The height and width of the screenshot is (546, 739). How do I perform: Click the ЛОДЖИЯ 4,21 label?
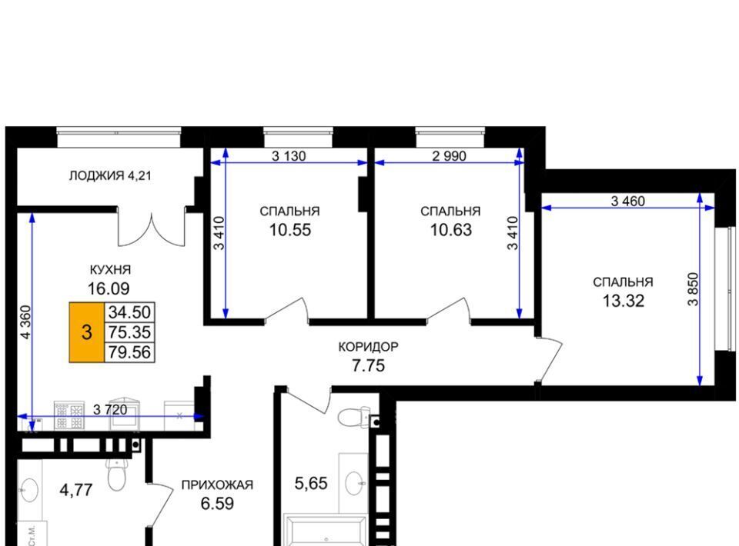[110, 176]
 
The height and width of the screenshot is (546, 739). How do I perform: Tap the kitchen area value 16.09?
[109, 288]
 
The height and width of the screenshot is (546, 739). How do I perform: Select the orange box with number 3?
[87, 332]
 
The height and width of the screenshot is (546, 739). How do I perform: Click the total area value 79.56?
[129, 352]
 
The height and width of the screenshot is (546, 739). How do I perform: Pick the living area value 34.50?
[129, 312]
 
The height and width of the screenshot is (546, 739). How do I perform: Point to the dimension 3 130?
[289, 156]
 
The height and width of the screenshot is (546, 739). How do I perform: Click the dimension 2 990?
[449, 156]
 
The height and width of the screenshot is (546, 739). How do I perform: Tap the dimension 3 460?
[628, 201]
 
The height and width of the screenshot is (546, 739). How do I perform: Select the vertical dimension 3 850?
[693, 289]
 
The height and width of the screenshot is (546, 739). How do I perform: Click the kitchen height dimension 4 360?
[25, 322]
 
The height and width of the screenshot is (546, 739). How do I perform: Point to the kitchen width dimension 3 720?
[110, 409]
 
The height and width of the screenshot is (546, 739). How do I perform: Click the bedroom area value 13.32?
[623, 301]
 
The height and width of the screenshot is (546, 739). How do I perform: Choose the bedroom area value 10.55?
[290, 230]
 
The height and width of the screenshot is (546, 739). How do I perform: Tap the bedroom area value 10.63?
[450, 230]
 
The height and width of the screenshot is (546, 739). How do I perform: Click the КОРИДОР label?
[368, 347]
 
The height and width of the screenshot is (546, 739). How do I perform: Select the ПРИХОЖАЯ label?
[217, 484]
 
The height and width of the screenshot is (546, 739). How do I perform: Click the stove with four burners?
[69, 415]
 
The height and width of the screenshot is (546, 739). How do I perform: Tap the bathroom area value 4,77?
[76, 491]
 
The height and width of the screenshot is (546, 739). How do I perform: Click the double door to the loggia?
[152, 228]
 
